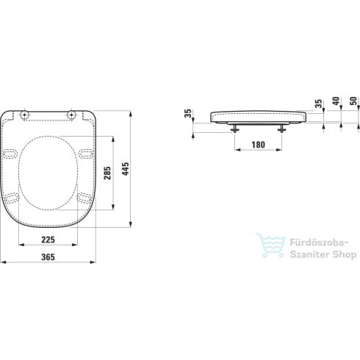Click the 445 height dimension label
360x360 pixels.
126,169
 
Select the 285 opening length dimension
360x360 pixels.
107,173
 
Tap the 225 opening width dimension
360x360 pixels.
48,240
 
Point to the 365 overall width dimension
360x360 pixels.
48,257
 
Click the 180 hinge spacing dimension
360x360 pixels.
259,145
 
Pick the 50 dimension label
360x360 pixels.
353,101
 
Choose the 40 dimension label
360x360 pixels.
336,101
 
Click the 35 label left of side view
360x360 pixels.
188,113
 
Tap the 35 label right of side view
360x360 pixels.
318,104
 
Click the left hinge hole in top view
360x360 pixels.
24,115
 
